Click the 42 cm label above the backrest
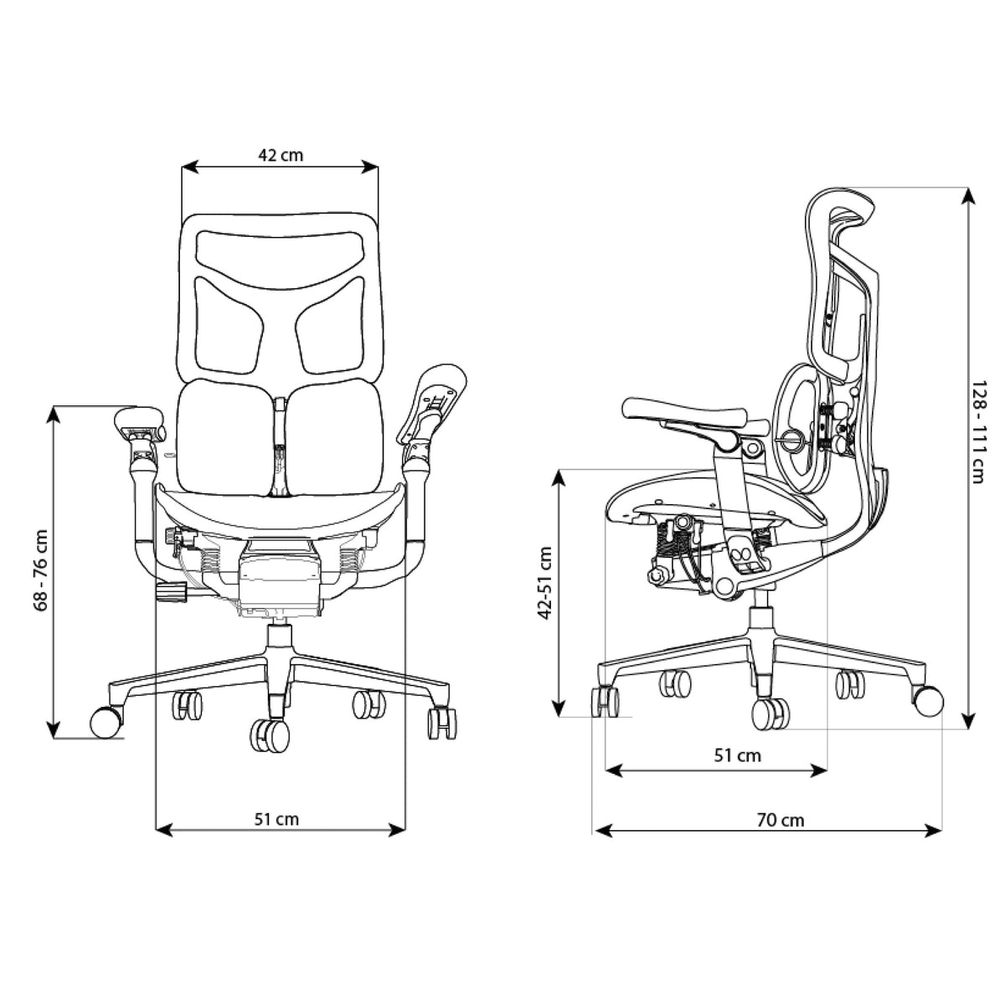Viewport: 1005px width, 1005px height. coord(281,155)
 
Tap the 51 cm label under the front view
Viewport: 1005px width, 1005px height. coord(276,818)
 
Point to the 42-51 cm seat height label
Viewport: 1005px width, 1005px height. coord(545,584)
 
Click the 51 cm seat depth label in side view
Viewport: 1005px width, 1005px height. coord(738,755)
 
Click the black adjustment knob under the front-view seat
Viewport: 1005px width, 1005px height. coord(173,593)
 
